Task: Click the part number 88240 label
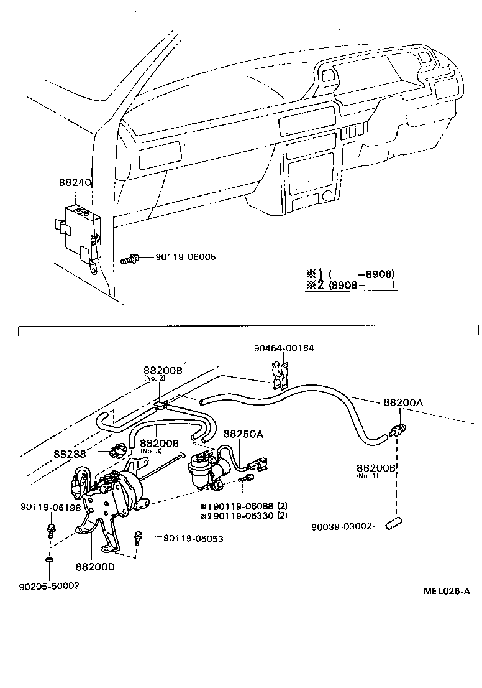(x=75, y=184)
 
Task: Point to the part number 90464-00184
(x=284, y=348)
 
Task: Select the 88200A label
(x=402, y=402)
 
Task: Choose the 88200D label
(x=95, y=567)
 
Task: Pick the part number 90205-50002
(x=49, y=586)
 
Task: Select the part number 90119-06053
(x=193, y=538)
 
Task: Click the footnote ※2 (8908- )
(x=350, y=285)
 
